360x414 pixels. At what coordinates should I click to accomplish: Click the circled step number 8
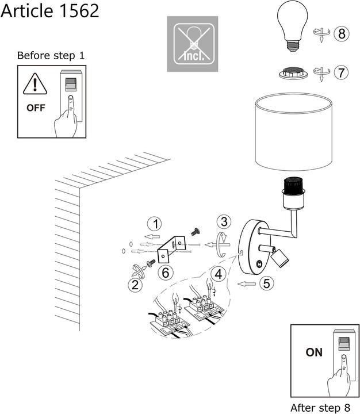click(342, 34)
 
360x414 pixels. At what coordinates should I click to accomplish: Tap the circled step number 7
click(342, 73)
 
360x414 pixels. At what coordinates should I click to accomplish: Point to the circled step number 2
click(135, 283)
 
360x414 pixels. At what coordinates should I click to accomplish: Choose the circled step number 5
click(265, 283)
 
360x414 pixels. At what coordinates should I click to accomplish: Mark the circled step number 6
click(166, 272)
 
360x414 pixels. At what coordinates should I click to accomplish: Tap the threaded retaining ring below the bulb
click(293, 74)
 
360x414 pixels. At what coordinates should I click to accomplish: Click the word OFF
click(35, 108)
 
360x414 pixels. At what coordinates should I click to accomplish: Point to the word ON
click(314, 352)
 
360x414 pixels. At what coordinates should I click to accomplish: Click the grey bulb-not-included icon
click(193, 44)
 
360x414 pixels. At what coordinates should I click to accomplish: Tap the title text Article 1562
click(49, 10)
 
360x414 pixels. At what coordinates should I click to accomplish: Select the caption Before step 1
click(51, 56)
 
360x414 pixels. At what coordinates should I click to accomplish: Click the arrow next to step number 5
click(246, 283)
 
